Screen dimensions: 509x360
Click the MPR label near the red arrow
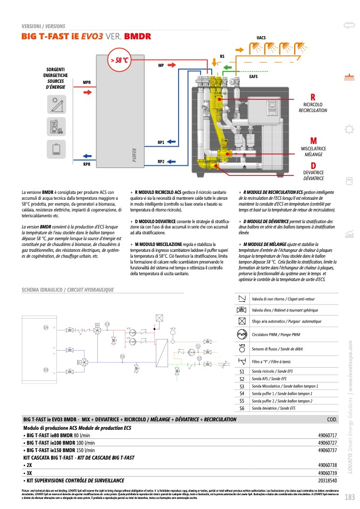point(87,82)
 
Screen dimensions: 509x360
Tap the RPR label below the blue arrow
point(87,165)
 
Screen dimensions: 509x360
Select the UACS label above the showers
point(261,38)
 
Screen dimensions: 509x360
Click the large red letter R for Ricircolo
point(313,97)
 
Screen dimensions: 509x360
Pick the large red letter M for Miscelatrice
point(313,141)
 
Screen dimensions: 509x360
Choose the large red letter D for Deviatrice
point(313,166)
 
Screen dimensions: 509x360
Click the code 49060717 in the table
point(328,435)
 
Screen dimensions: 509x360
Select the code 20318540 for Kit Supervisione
point(328,480)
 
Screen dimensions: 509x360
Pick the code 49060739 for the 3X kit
point(328,472)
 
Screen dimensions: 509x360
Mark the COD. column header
point(332,420)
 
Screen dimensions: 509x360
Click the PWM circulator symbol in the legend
point(242,334)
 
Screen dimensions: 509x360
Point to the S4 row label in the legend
point(242,393)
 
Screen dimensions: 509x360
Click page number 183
point(349,497)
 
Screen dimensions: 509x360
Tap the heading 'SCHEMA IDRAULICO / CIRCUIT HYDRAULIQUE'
point(68,290)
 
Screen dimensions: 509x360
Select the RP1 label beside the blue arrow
point(161,142)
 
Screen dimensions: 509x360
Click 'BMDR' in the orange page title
point(138,37)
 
